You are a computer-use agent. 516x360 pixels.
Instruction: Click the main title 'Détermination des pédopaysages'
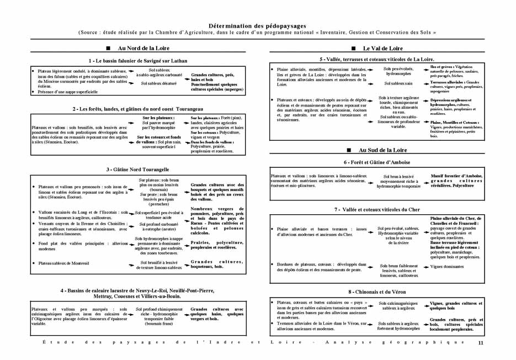pos(257,25)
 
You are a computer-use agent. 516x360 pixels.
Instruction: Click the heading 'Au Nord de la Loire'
pos(142,49)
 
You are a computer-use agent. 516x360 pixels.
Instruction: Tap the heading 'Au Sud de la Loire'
pos(382,150)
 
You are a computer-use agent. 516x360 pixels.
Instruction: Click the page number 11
pos(481,343)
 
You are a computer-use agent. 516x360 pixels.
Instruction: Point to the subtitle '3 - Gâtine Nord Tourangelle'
pos(138,169)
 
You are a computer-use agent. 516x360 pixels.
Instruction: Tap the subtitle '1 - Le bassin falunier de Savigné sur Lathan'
pos(138,60)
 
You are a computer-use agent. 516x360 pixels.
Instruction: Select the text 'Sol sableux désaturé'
pos(159,83)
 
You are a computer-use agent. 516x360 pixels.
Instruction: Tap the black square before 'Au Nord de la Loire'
pos(108,49)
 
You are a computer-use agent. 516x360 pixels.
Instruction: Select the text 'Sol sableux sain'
pos(398,83)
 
